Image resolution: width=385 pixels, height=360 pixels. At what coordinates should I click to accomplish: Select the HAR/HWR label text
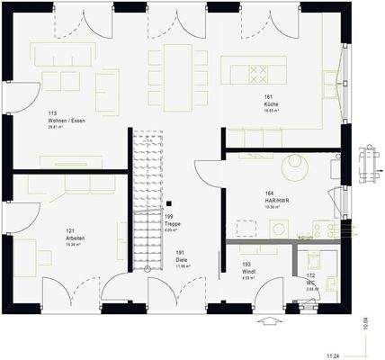click(269, 199)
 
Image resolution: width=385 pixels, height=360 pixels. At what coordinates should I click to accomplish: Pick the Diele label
click(180, 259)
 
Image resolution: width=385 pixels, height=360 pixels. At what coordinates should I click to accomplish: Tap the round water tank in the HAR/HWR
click(293, 168)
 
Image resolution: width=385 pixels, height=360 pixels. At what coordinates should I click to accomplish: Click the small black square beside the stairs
click(167, 204)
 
